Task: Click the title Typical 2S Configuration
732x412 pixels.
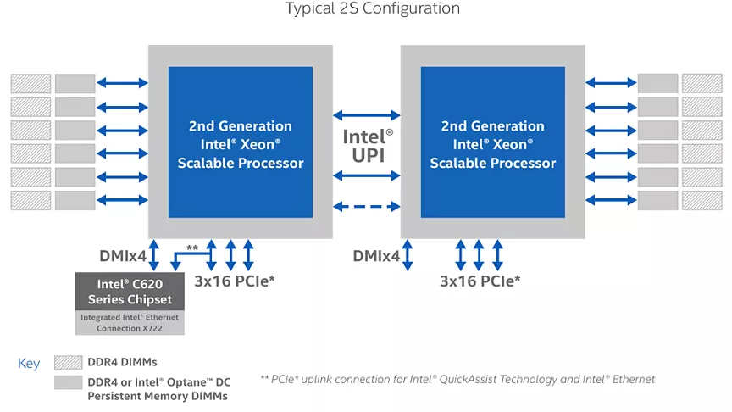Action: click(373, 8)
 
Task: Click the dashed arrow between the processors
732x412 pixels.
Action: click(367, 207)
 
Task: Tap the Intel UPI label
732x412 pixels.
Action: click(368, 146)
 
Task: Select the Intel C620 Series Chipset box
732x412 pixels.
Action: click(130, 292)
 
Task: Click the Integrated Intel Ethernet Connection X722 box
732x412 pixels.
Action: click(130, 322)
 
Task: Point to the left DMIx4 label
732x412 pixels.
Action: click(123, 256)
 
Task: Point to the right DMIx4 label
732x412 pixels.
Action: click(376, 256)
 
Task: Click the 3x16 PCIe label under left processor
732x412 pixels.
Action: click(235, 281)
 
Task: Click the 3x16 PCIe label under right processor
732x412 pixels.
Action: click(480, 281)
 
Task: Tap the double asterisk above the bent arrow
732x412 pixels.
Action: click(192, 248)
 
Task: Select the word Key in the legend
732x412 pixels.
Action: click(29, 364)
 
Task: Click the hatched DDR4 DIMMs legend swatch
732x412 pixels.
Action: click(68, 363)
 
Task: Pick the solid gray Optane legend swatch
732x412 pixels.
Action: click(68, 382)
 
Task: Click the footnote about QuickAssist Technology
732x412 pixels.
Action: click(457, 379)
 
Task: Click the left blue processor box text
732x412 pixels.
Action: click(241, 144)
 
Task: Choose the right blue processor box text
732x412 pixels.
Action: click(493, 144)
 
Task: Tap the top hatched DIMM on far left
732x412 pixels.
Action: click(30, 84)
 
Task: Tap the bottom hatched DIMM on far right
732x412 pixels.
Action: click(702, 200)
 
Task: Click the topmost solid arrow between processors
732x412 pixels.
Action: click(367, 115)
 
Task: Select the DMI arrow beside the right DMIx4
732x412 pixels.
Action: click(408, 255)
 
